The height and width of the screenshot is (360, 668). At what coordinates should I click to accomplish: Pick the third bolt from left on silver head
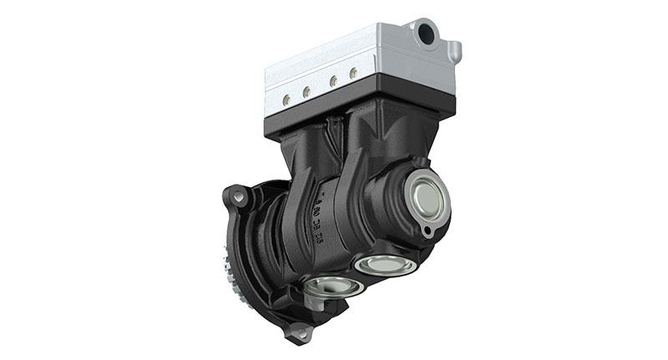point(334,81)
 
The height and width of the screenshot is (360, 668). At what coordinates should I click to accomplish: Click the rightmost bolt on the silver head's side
point(354,74)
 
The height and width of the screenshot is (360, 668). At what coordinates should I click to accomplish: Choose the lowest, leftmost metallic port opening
point(332,287)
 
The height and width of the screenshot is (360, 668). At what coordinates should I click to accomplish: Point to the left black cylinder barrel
point(292,167)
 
